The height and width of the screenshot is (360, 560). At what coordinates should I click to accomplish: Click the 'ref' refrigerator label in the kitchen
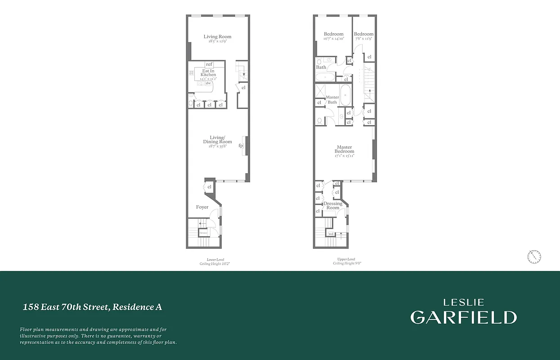tap(209, 64)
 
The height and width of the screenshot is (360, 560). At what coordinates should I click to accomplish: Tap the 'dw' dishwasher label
tap(208, 83)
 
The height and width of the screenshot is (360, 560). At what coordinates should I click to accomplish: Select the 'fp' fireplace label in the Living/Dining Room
tap(241, 145)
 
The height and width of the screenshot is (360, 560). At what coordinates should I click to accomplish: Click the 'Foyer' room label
tap(202, 207)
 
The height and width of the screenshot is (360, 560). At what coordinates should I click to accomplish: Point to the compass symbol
tap(534, 257)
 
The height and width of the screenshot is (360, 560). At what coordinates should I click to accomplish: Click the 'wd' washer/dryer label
tap(331, 234)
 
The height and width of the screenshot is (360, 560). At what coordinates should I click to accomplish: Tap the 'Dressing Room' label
tap(333, 206)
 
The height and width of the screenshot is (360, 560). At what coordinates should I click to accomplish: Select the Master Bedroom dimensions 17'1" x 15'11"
tap(344, 156)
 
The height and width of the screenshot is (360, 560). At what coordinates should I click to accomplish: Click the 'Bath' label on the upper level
tap(321, 67)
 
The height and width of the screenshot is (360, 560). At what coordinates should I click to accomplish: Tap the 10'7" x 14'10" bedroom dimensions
tap(333, 39)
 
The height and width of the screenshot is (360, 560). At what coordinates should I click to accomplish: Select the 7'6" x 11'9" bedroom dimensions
tap(363, 39)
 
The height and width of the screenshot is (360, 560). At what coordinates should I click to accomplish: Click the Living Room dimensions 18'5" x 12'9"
tap(217, 41)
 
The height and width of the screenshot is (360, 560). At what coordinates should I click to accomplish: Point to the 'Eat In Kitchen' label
tap(208, 72)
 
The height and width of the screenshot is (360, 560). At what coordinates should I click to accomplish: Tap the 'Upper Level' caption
tap(346, 259)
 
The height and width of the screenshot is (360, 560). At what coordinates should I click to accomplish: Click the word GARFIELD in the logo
tap(463, 317)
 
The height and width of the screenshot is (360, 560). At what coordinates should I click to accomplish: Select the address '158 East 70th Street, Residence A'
tap(92, 307)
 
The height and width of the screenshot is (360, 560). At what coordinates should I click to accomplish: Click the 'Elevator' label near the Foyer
tap(203, 233)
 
